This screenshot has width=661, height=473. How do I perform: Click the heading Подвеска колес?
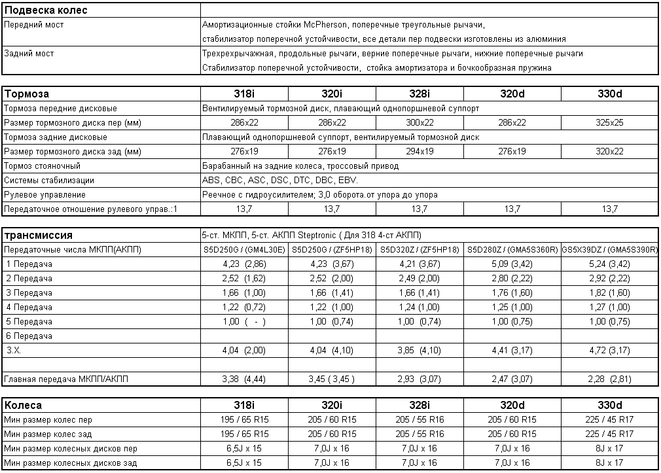46,10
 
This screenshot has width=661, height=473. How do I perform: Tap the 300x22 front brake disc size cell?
419,122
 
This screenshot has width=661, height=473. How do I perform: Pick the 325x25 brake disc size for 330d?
609,122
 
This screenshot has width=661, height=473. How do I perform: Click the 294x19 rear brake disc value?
419,151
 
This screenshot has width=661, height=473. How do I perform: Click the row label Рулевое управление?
45,195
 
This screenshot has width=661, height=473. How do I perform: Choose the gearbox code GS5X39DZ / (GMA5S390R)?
609,250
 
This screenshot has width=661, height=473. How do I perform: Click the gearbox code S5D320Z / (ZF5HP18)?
419,250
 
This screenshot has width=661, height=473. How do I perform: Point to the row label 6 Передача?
29,336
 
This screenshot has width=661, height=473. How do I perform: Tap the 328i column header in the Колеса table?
419,405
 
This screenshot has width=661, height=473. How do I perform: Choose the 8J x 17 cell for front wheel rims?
609,448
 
